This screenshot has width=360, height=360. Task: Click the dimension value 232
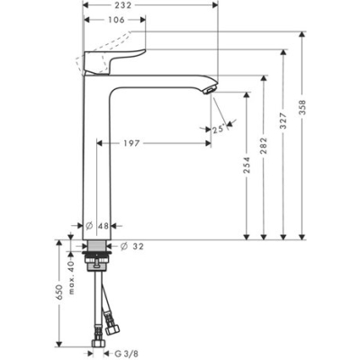(149, 5)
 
